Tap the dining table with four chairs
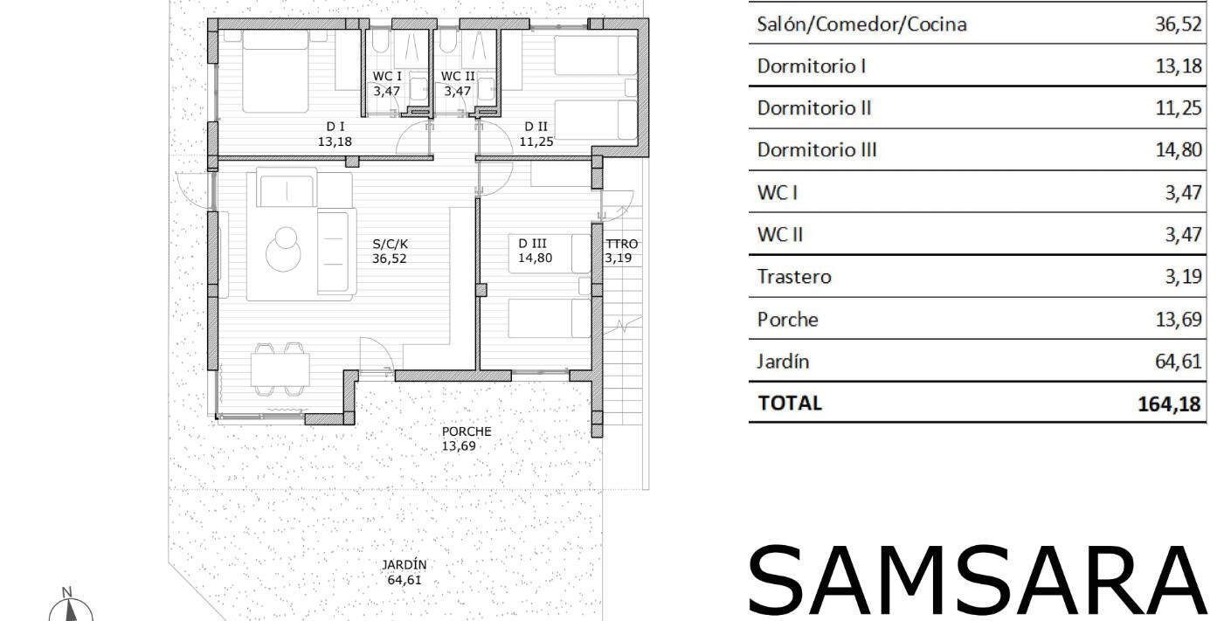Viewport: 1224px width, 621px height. [x=280, y=369]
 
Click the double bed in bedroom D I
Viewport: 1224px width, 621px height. [x=275, y=71]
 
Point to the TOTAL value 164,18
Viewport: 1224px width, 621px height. [x=1169, y=404]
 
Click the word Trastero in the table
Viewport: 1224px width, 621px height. [x=794, y=277]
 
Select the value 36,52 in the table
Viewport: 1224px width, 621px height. [x=1178, y=24]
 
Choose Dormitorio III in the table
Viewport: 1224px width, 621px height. [x=817, y=149]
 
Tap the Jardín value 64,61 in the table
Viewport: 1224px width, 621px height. [x=1178, y=362]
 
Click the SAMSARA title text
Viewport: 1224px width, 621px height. [x=977, y=581]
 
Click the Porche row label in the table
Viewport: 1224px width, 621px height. [x=787, y=320]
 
